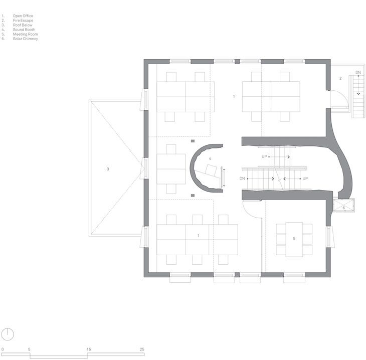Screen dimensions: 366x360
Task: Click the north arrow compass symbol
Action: [8, 334]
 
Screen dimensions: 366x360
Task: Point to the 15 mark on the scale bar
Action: [89, 349]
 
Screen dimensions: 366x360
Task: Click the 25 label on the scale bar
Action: [142, 349]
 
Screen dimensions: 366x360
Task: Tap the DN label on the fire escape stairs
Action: [358, 73]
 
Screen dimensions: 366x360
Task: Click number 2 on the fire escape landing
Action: [340, 78]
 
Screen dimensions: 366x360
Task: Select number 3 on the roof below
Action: [108, 169]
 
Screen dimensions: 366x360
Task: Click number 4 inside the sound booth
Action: [210, 159]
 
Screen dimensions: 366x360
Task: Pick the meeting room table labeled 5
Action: [294, 240]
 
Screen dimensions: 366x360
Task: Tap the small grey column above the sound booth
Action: [193, 141]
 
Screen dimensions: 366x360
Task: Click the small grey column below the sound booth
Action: [193, 196]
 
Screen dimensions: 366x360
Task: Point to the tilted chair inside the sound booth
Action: [211, 170]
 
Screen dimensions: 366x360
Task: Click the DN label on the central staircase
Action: [242, 178]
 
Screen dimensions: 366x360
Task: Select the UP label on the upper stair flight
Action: [264, 156]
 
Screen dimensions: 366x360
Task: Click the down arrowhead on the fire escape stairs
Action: [358, 94]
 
